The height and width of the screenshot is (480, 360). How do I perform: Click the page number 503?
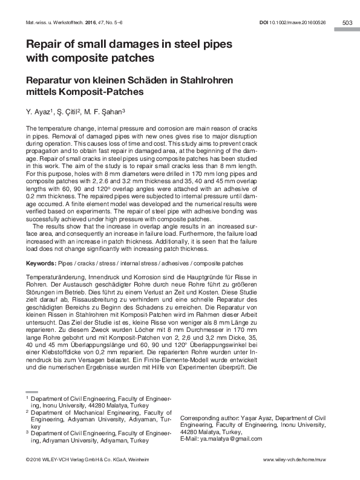pos(347,22)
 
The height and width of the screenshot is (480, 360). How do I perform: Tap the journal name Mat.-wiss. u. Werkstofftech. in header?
pos(53,23)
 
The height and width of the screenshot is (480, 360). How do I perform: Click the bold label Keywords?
pos(41,264)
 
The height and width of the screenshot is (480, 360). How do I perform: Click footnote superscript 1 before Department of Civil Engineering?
pos(27,398)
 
